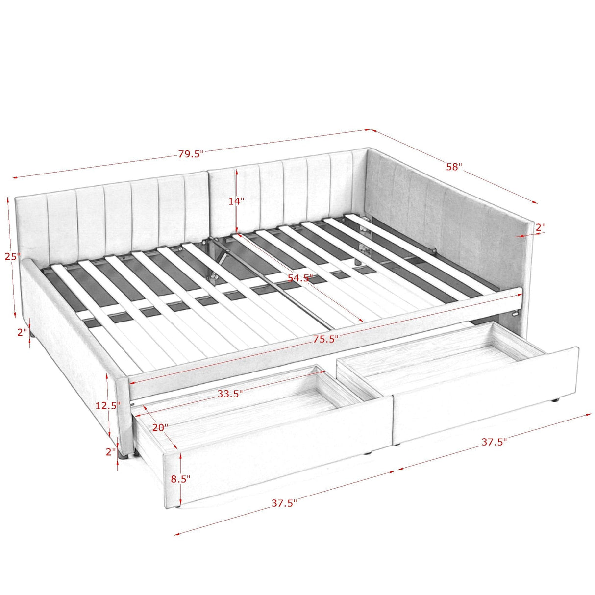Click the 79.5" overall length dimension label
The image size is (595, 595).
tap(191, 154)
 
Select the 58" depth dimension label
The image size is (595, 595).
tap(454, 167)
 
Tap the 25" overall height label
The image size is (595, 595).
tap(12, 256)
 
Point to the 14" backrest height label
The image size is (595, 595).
tap(236, 201)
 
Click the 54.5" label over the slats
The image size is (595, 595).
tap(300, 278)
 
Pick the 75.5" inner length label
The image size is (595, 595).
tap(325, 339)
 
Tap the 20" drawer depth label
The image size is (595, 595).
tap(160, 427)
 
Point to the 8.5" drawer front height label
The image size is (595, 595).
tap(180, 479)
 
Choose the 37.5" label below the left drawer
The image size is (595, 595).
tap(284, 503)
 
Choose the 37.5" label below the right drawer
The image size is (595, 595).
tap(494, 442)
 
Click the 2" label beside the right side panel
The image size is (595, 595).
tap(540, 227)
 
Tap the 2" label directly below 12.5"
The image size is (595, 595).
tap(111, 452)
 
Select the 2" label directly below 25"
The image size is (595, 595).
tap(22, 332)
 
